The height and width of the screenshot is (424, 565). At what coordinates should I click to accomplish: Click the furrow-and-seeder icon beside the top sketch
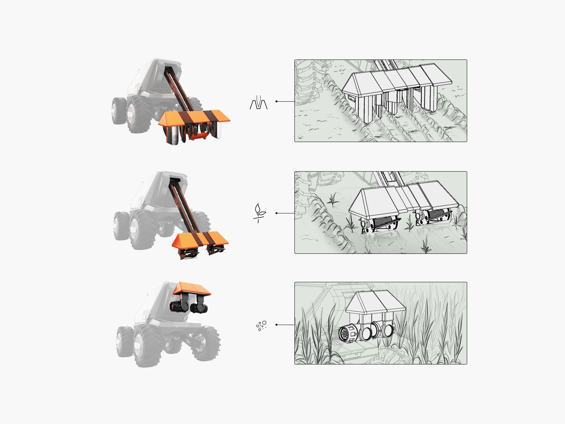pos(258,103)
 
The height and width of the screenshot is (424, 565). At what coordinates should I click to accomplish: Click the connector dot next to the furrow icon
pos(276,102)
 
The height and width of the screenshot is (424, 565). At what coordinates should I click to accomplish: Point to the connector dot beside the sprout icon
pos(276,213)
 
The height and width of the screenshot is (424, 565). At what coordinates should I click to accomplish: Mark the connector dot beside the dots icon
pos(276,325)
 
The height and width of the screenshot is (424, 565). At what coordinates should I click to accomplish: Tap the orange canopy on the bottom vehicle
pos(192,288)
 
